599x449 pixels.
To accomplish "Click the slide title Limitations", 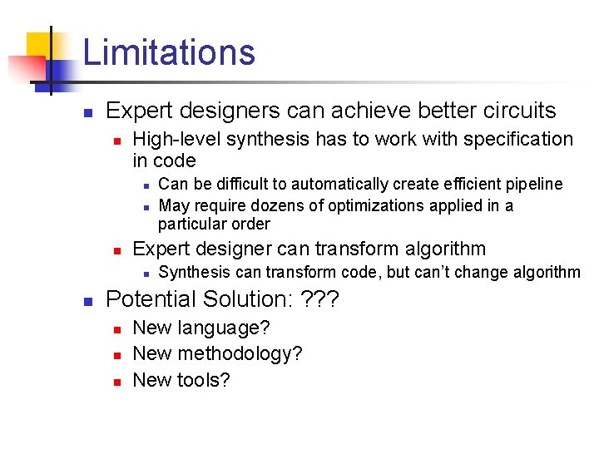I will [x=169, y=52].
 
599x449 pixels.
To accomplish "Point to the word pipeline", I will [x=533, y=184].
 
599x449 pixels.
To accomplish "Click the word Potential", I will [x=152, y=299].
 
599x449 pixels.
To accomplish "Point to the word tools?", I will [x=202, y=380].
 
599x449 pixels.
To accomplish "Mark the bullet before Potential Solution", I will [x=87, y=301].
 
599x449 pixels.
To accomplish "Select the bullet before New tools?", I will [x=117, y=382].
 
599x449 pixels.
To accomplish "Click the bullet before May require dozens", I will [x=144, y=206].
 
